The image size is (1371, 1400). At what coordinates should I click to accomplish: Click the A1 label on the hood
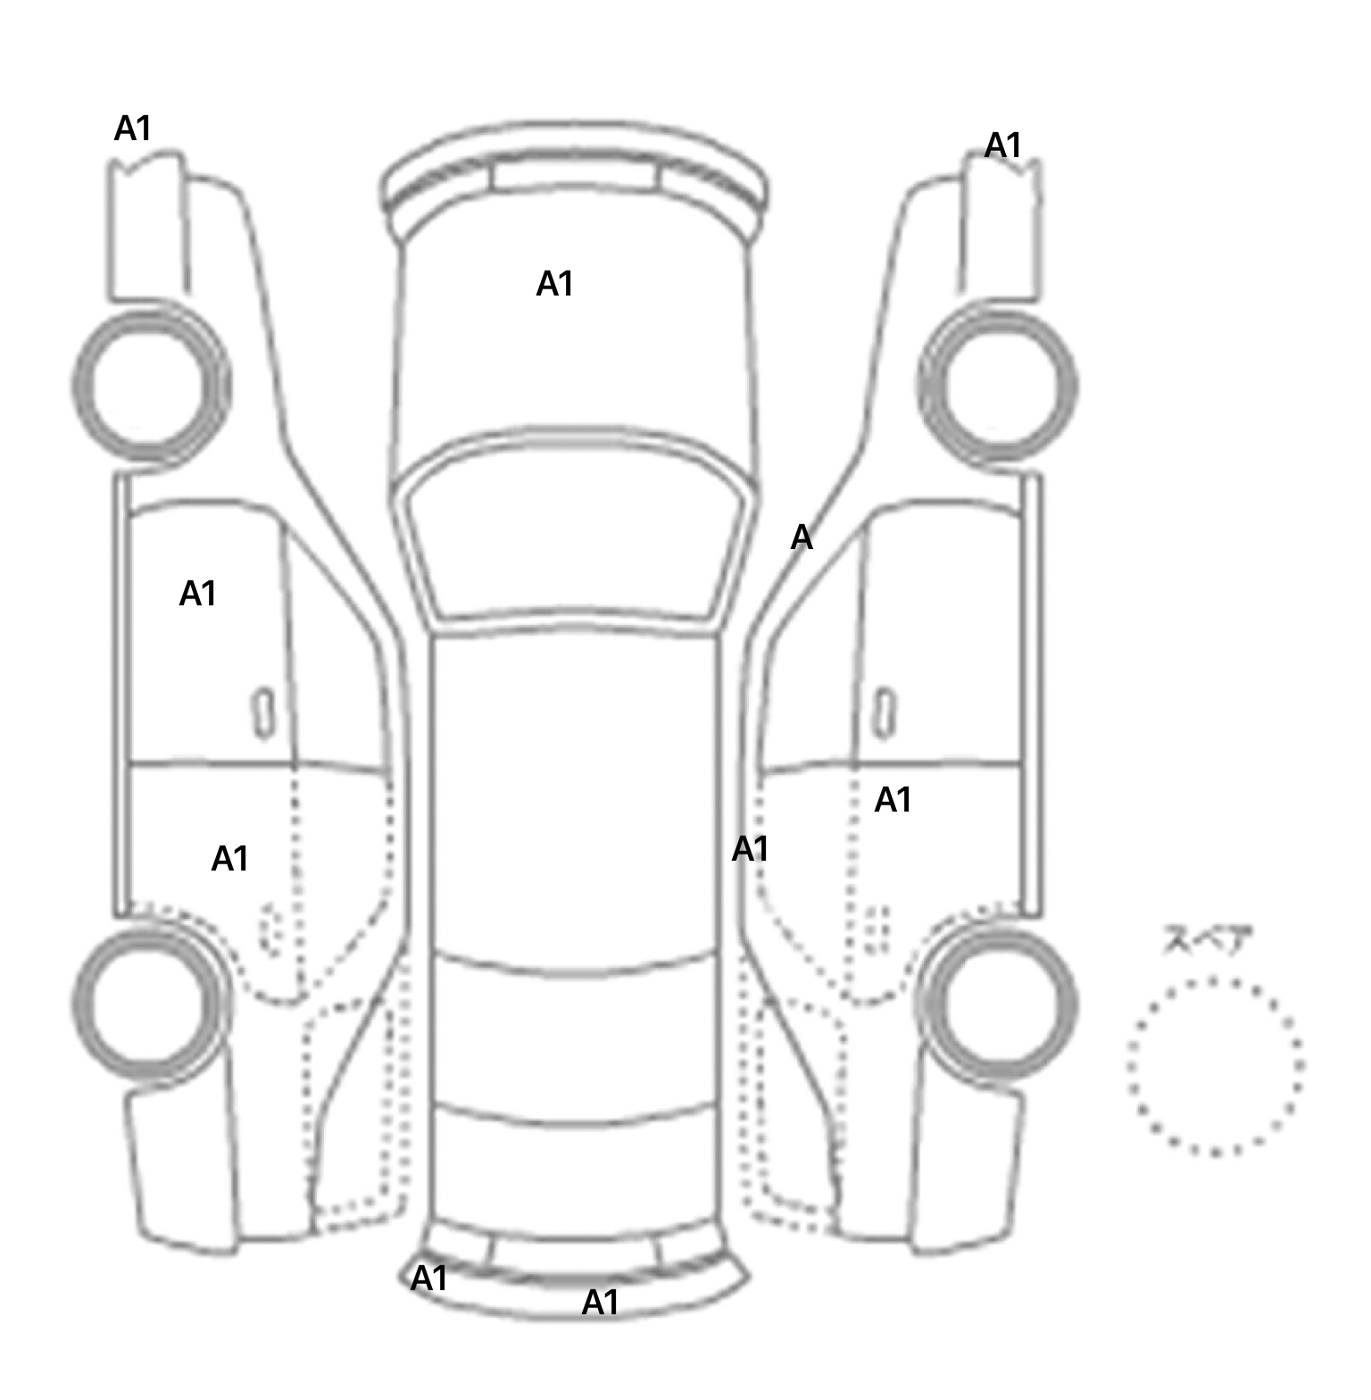pyautogui.click(x=554, y=284)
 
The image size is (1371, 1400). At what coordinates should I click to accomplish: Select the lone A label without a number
pyautogui.click(x=802, y=537)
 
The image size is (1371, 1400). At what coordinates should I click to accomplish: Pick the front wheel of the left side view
pyautogui.click(x=150, y=386)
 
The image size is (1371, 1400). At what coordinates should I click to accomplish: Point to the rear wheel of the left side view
pyautogui.click(x=148, y=1002)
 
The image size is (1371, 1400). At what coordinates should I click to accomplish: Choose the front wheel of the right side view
pyautogui.click(x=999, y=386)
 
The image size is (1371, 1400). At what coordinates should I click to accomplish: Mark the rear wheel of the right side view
pyautogui.click(x=999, y=1002)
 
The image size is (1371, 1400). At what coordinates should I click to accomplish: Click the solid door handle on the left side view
pyautogui.click(x=263, y=712)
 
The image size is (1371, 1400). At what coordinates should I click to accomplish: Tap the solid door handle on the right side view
pyautogui.click(x=884, y=712)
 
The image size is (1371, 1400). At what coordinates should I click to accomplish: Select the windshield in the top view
pyautogui.click(x=577, y=545)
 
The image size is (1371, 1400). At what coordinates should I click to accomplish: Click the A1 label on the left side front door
pyautogui.click(x=198, y=594)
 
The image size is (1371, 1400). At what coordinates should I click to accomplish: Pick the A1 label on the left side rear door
pyautogui.click(x=229, y=859)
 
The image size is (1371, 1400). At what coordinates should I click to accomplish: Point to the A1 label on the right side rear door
pyautogui.click(x=893, y=800)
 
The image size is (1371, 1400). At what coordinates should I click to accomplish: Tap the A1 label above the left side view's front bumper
pyautogui.click(x=133, y=129)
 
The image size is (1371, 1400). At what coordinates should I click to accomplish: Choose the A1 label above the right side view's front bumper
pyautogui.click(x=1002, y=146)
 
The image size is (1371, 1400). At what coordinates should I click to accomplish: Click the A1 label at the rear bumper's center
pyautogui.click(x=600, y=1304)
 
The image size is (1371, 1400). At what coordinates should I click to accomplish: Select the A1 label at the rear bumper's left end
pyautogui.click(x=428, y=1279)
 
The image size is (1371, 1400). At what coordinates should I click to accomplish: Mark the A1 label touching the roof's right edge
pyautogui.click(x=750, y=849)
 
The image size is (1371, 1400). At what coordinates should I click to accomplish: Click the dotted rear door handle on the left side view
pyautogui.click(x=270, y=929)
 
